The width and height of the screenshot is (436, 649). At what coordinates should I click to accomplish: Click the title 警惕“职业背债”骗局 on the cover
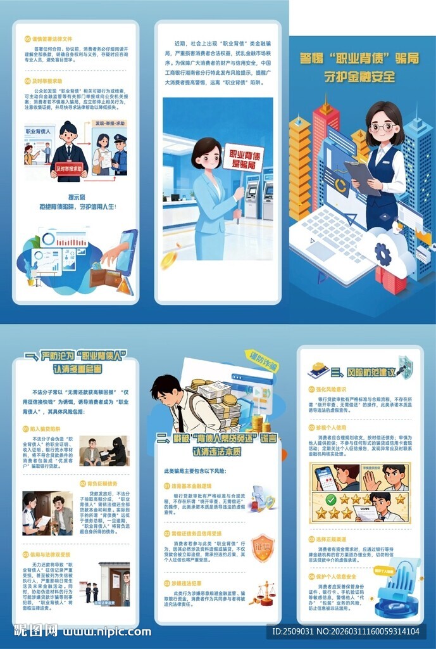(359, 59)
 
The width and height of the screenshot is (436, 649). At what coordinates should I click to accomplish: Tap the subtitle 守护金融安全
(359, 77)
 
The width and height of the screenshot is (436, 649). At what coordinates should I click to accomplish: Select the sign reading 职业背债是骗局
(243, 157)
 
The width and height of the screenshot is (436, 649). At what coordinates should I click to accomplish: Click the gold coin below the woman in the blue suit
(168, 260)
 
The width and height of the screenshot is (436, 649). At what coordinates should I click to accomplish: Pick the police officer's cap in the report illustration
(120, 138)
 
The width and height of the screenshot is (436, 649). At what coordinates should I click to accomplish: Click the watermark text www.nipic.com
(106, 631)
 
